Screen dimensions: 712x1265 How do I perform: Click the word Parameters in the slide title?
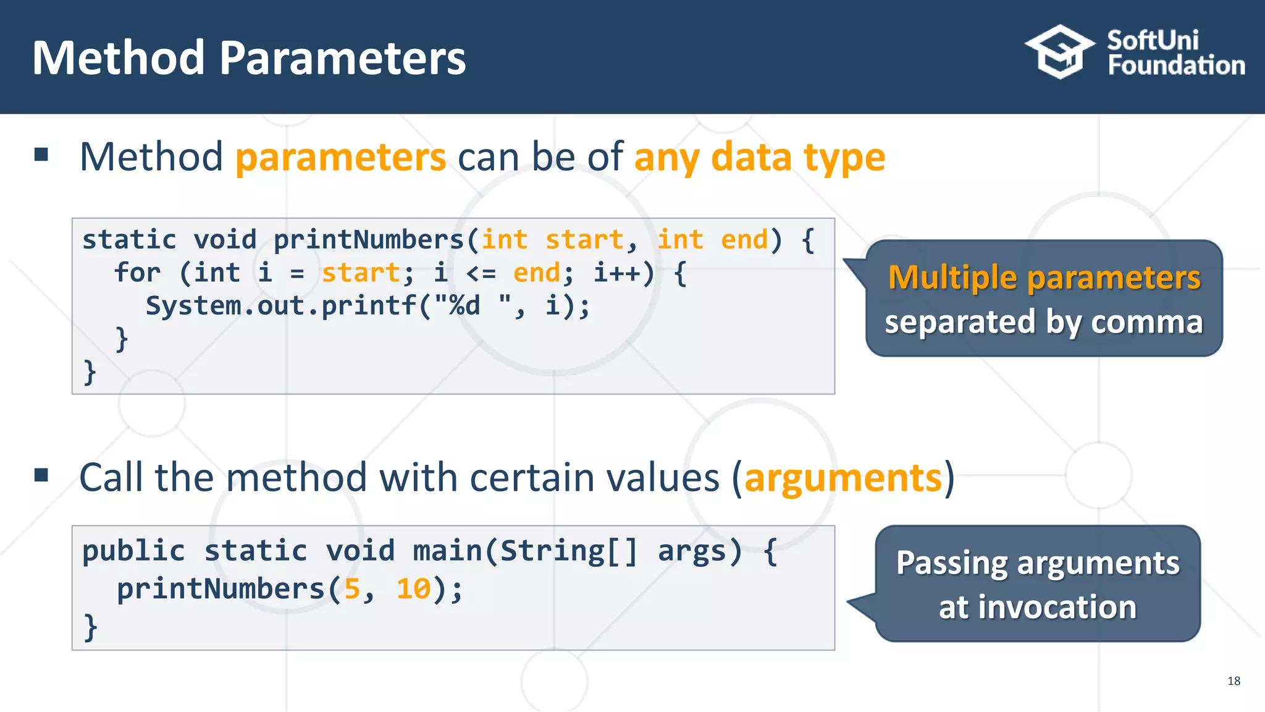342,58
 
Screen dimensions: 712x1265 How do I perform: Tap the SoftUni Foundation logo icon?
1059,52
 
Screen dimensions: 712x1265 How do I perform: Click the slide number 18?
1233,681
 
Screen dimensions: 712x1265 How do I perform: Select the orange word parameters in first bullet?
340,158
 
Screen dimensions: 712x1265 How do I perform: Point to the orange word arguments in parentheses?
843,478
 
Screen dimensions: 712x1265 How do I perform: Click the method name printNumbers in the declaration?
368,240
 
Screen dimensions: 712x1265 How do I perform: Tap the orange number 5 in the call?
352,589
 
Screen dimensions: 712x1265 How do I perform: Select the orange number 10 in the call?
413,589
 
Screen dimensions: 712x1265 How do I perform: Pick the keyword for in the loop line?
137,273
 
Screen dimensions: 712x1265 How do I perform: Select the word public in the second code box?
133,551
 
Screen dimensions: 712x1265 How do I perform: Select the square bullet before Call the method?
41,475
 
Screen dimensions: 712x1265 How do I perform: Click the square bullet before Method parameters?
41,154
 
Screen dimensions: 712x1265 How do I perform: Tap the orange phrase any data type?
759,158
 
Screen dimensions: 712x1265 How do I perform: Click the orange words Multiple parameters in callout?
1044,278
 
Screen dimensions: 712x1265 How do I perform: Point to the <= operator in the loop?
481,273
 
